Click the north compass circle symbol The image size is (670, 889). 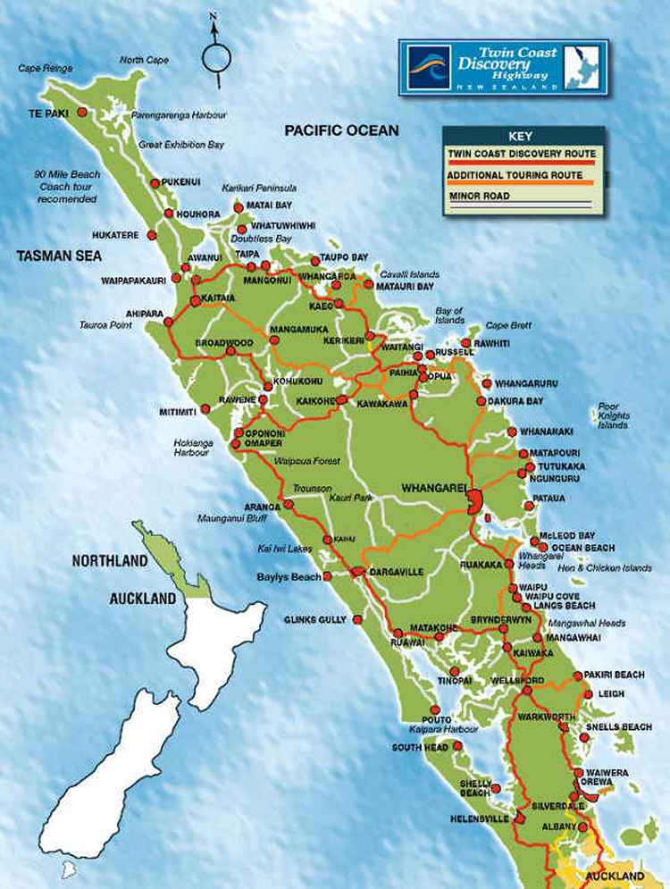point(216,57)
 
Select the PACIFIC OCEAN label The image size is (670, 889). point(341,130)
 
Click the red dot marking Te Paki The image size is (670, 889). point(81,113)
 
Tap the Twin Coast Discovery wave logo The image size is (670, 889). point(428,65)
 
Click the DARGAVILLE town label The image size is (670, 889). point(398,571)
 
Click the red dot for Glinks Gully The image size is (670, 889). point(358,617)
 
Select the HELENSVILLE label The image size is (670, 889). point(483,818)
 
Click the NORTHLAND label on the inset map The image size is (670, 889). point(109,561)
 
